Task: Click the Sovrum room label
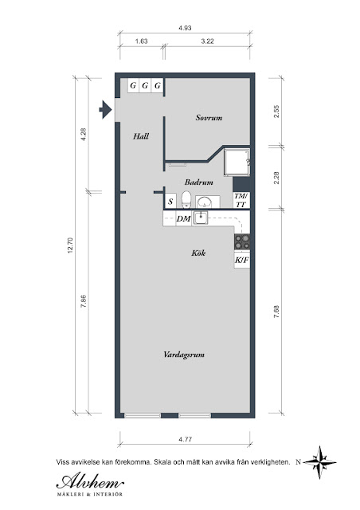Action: pos(209,118)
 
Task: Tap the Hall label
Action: pos(141,136)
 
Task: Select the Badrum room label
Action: pos(198,182)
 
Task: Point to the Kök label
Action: pos(198,253)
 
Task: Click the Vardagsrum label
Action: pos(184,355)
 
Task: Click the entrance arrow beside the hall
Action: pos(105,110)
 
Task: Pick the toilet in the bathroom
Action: pos(186,199)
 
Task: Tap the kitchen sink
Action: pos(201,218)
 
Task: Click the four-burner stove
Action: pos(242,242)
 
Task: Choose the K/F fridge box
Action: pos(242,260)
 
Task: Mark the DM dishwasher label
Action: pos(183,219)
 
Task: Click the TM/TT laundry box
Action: pos(241,200)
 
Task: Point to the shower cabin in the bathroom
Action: pos(237,163)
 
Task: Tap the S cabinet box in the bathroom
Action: pos(170,202)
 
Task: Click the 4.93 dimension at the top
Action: pos(185,28)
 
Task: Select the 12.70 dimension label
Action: pos(71,245)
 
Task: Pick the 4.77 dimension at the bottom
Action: pos(185,439)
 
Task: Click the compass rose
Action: pos(319,462)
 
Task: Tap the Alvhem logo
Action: pos(90,484)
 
